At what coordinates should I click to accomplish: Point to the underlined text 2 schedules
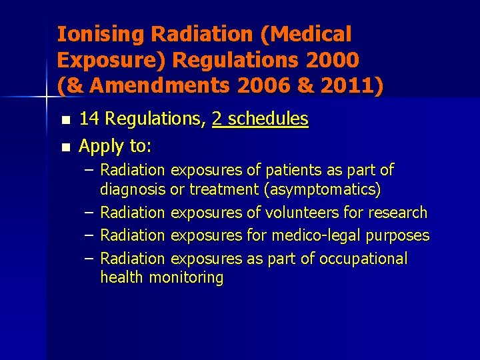point(260,119)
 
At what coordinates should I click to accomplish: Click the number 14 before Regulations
point(88,119)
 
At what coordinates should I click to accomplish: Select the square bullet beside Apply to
point(64,147)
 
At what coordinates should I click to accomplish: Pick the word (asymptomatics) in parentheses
point(323,190)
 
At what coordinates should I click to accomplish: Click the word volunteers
point(303,213)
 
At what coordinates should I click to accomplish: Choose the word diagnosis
point(133,190)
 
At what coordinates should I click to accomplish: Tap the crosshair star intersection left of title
point(46,97)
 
